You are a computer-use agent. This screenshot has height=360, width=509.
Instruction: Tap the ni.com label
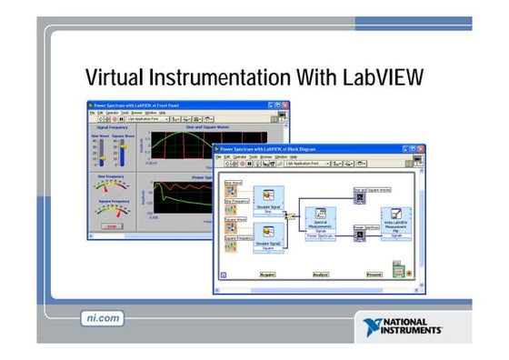96,318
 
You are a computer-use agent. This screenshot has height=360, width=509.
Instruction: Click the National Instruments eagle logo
374,327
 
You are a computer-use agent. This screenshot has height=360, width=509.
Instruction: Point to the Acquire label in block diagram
268,273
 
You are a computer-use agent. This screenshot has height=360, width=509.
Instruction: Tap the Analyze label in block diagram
321,273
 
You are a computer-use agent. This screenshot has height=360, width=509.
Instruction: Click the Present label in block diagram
374,273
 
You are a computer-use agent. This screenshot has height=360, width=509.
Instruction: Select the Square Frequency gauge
112,214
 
